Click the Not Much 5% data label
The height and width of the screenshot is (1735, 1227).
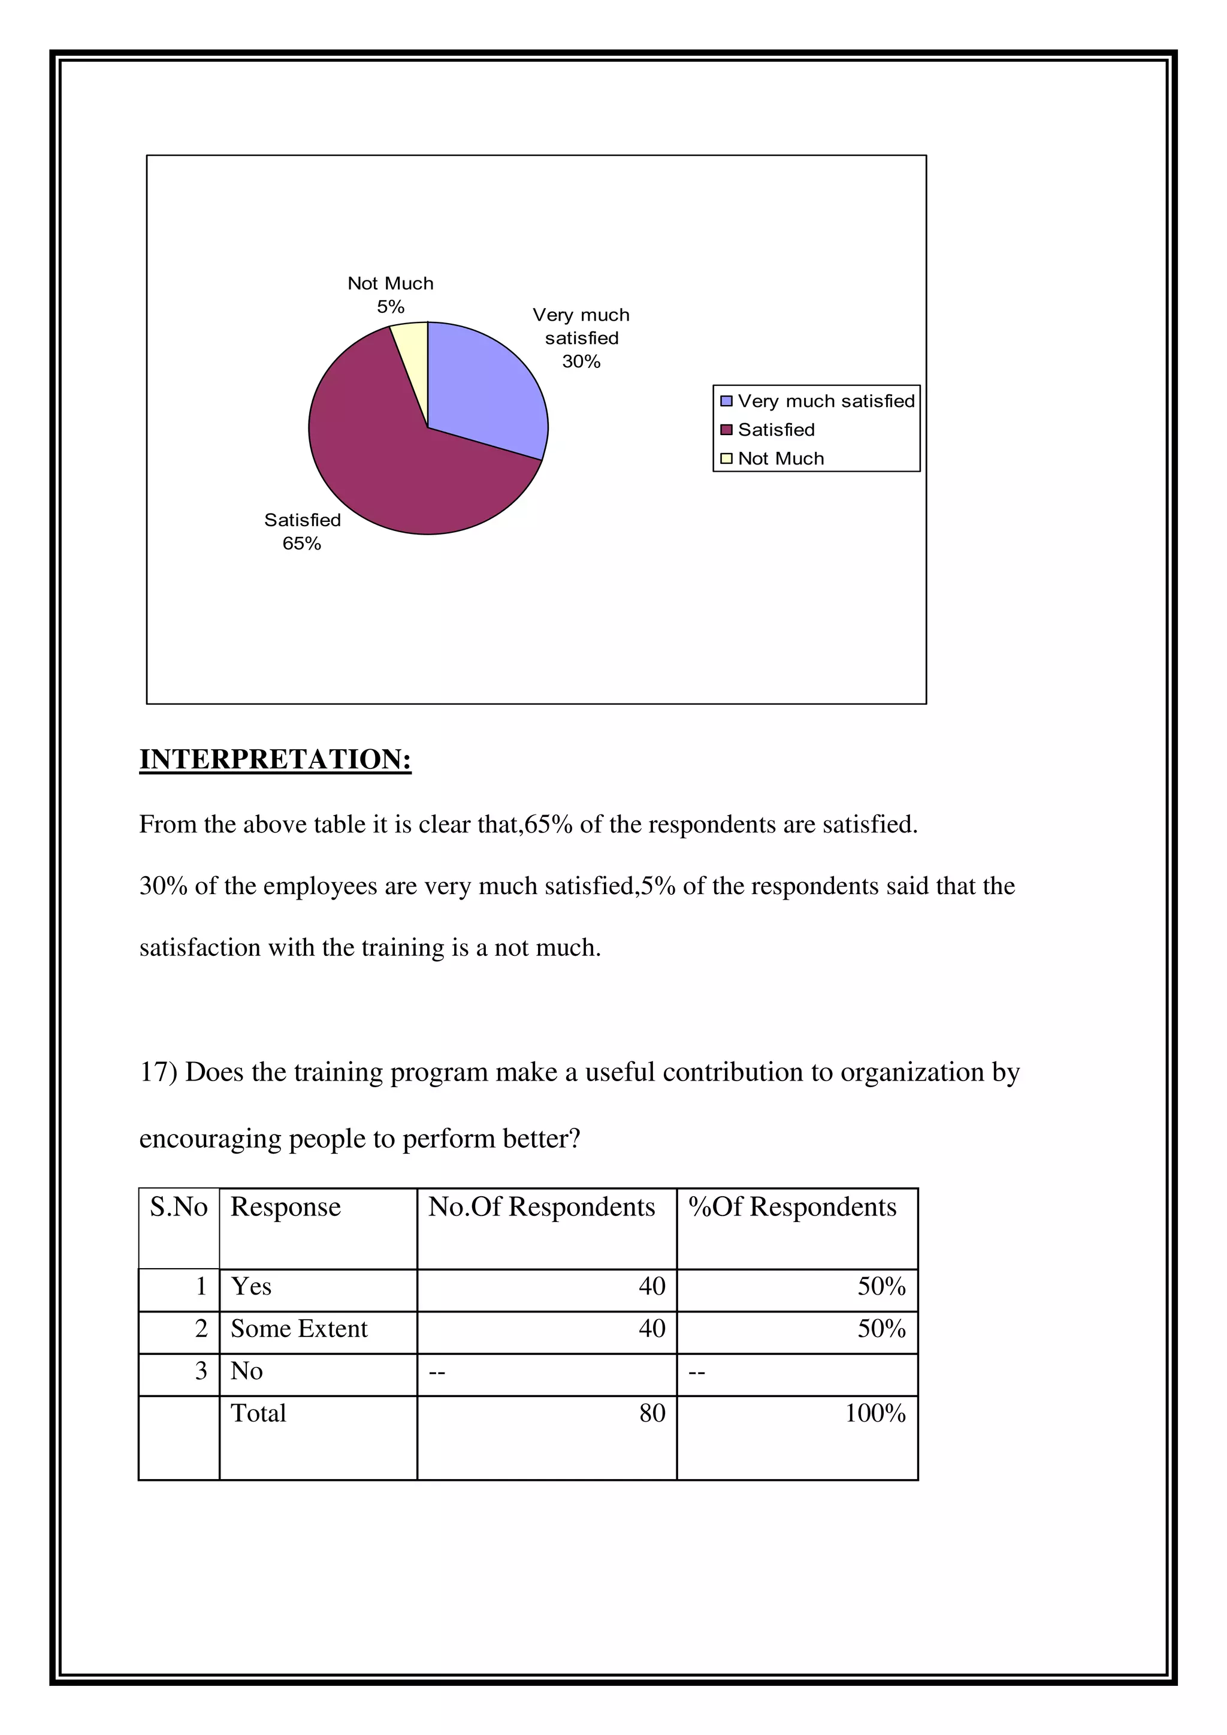point(391,295)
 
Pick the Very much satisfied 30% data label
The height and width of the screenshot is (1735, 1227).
point(581,338)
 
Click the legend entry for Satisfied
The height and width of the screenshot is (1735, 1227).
point(776,430)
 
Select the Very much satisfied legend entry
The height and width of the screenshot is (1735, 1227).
point(825,402)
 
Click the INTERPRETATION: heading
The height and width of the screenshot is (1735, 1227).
point(275,759)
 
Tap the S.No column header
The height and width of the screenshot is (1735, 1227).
point(179,1208)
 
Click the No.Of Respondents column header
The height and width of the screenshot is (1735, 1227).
point(541,1208)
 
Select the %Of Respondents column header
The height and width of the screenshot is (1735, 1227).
point(792,1208)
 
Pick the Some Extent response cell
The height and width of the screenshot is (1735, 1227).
point(299,1329)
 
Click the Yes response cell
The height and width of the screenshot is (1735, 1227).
point(252,1287)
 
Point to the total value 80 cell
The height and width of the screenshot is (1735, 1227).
point(651,1414)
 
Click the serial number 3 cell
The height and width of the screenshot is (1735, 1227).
point(200,1372)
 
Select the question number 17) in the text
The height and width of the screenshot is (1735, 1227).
point(158,1072)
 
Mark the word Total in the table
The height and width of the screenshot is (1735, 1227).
point(258,1414)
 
